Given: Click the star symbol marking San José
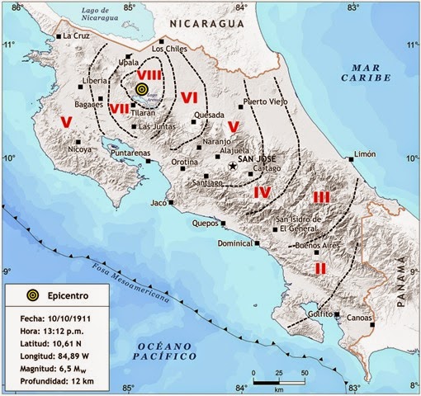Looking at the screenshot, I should (234, 167).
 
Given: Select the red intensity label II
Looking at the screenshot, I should (320, 268).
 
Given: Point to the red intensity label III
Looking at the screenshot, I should (321, 196).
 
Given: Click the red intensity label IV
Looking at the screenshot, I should (262, 192).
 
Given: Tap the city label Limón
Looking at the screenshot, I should (364, 154).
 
